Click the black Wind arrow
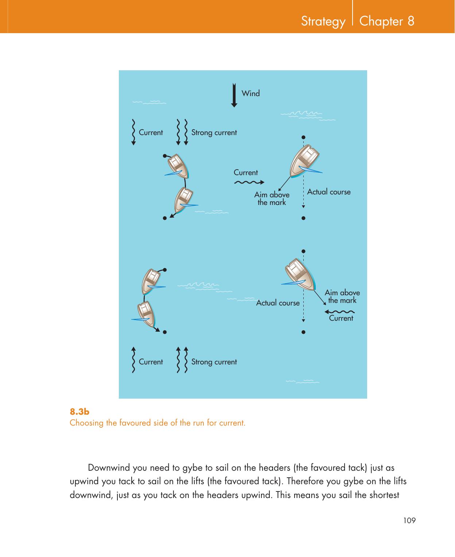pyautogui.click(x=234, y=95)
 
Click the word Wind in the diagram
pyautogui.click(x=251, y=94)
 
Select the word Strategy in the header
pyautogui.click(x=323, y=21)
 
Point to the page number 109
pyautogui.click(x=409, y=521)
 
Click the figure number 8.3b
pyautogui.click(x=79, y=412)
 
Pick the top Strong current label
pyautogui.click(x=214, y=133)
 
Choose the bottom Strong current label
pyautogui.click(x=214, y=362)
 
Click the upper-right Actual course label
pyautogui.click(x=329, y=192)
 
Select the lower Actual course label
pyautogui.click(x=278, y=303)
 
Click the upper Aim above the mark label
pyautogui.click(x=272, y=199)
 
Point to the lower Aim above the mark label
pyautogui.click(x=342, y=296)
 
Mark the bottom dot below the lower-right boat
pyautogui.click(x=303, y=332)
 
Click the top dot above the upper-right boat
pyautogui.click(x=303, y=138)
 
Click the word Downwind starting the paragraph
pyautogui.click(x=110, y=467)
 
